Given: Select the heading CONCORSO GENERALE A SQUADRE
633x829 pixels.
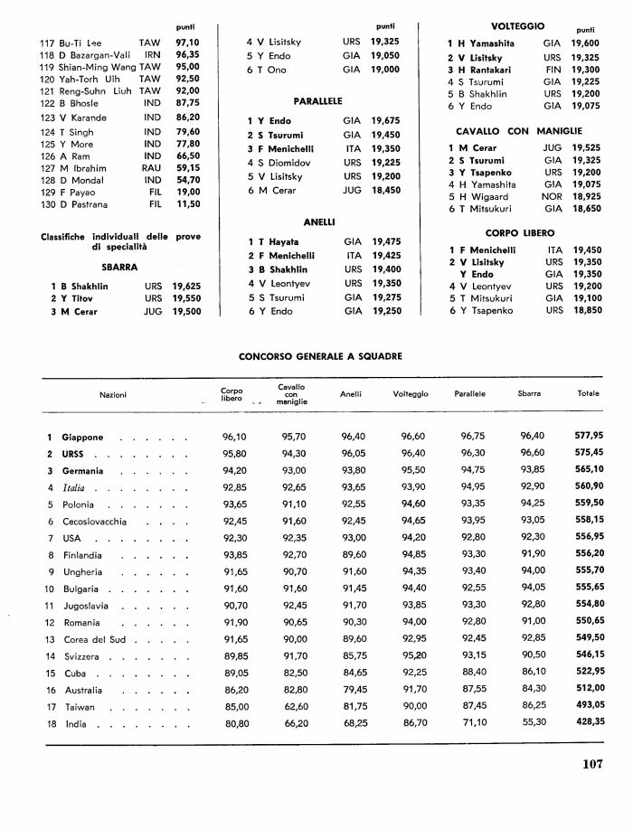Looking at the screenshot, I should tap(320, 356).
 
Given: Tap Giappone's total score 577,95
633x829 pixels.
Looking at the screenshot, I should tap(589, 437).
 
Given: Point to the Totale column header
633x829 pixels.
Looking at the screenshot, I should tap(590, 394).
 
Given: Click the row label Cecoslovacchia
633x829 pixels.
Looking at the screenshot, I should tap(95, 522).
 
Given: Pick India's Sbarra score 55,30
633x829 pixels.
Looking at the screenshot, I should tap(533, 724).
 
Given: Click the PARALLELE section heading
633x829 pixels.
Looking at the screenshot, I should tap(317, 100).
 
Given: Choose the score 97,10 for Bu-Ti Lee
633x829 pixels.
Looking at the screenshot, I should tap(187, 42).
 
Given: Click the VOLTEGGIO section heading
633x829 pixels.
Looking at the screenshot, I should tap(517, 26).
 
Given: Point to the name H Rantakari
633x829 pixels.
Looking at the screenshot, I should tap(495, 69).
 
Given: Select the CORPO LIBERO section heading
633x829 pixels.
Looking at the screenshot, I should tap(514, 232).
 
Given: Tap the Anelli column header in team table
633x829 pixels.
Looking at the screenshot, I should tap(351, 394).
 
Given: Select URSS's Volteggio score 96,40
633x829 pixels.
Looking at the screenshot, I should tap(412, 454).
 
